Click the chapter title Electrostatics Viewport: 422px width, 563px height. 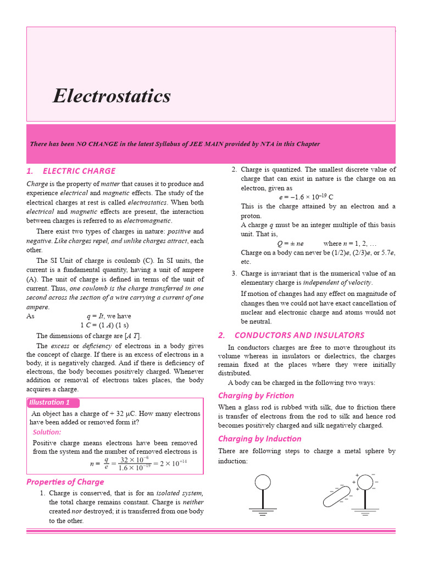point(112,97)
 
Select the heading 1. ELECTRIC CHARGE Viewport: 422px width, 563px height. point(71,171)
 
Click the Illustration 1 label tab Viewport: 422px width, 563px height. point(50,402)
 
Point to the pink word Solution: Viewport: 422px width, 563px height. point(47,432)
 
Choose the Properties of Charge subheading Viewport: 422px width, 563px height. point(65,482)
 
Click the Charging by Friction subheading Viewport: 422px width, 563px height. point(256,395)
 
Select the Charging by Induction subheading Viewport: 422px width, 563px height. point(259,439)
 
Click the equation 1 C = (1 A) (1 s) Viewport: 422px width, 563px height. point(103,325)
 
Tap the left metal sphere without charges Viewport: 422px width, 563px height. point(262,482)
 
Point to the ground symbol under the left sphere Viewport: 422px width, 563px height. point(262,512)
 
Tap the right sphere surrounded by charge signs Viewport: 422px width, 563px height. point(365,482)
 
